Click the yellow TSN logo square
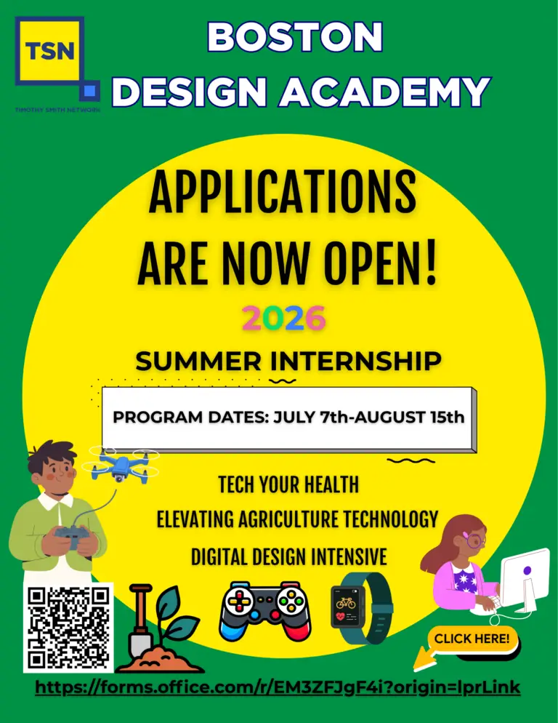click(x=49, y=53)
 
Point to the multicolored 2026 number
click(x=283, y=318)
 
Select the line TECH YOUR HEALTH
click(x=288, y=484)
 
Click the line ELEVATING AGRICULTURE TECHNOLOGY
click(x=297, y=519)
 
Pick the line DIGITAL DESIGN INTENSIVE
click(x=288, y=557)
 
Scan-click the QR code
click(x=68, y=627)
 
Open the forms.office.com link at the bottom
click(x=278, y=687)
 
